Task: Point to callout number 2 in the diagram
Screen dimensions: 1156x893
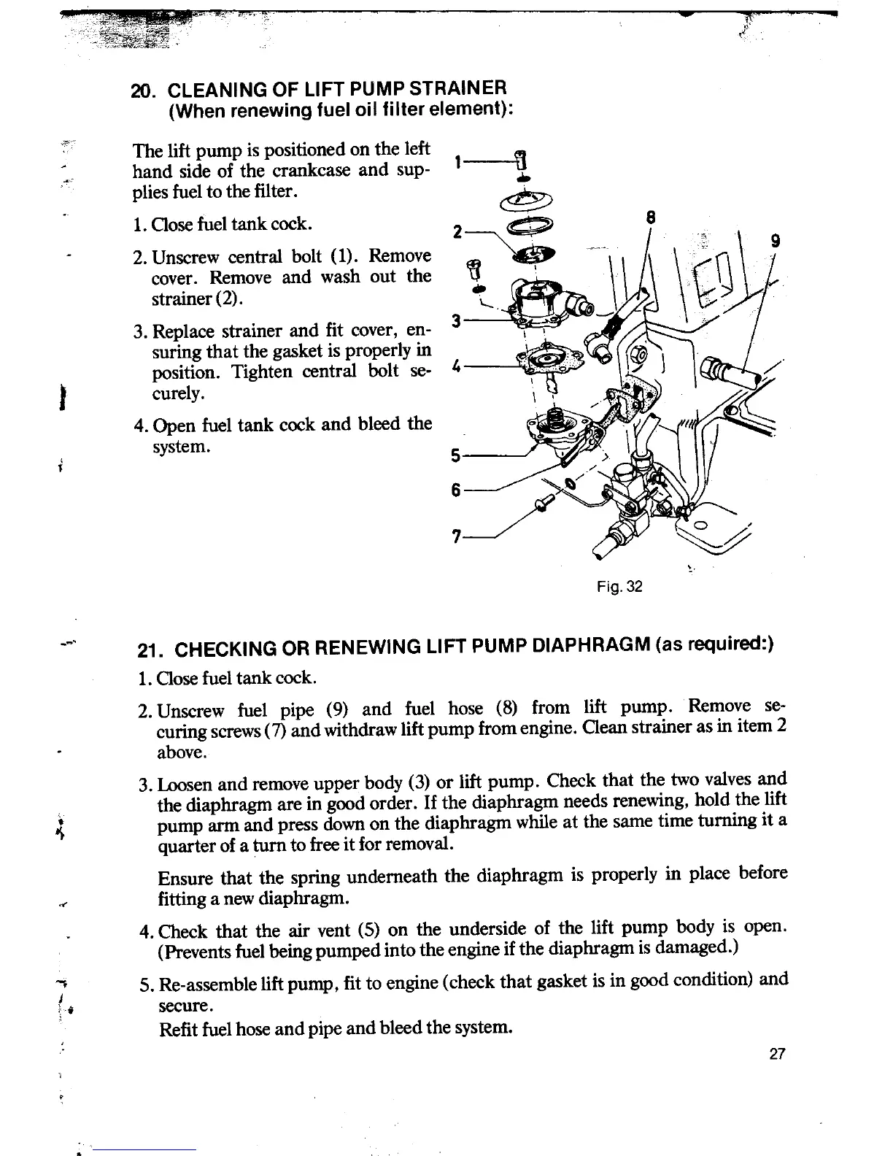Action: click(x=457, y=233)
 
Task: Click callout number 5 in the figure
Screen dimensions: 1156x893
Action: click(x=456, y=456)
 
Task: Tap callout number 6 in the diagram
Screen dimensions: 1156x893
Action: click(x=456, y=491)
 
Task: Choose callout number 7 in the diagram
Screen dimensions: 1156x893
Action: click(x=456, y=536)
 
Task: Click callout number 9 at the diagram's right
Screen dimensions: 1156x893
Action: click(x=776, y=241)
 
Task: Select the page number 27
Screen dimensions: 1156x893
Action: click(x=776, y=1055)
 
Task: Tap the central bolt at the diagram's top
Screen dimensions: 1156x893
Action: click(x=521, y=158)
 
